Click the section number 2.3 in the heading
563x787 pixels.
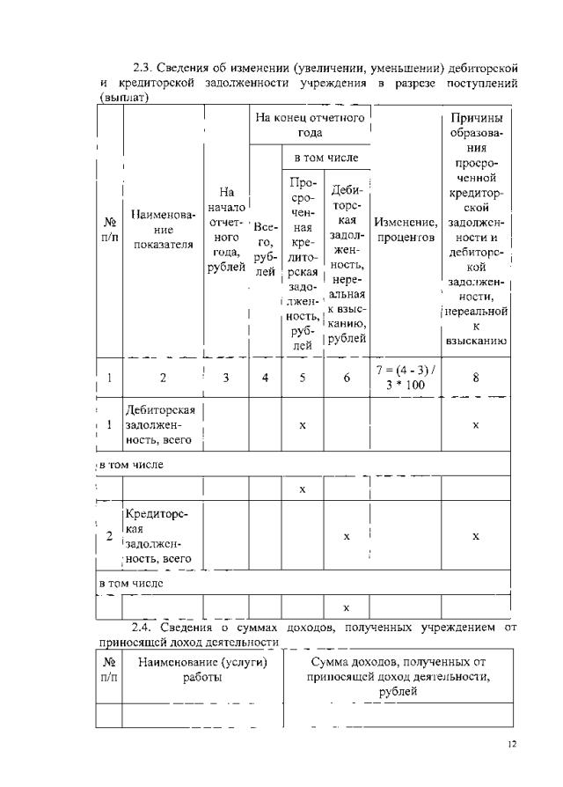click(143, 68)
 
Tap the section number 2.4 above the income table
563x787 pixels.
click(143, 628)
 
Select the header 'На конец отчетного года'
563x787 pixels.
click(309, 124)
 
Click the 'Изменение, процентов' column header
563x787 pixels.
click(406, 230)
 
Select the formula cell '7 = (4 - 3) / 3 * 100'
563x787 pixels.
click(406, 378)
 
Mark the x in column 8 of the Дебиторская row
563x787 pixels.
click(476, 424)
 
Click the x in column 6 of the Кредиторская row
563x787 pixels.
click(346, 536)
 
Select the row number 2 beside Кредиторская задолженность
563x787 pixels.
click(108, 536)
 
